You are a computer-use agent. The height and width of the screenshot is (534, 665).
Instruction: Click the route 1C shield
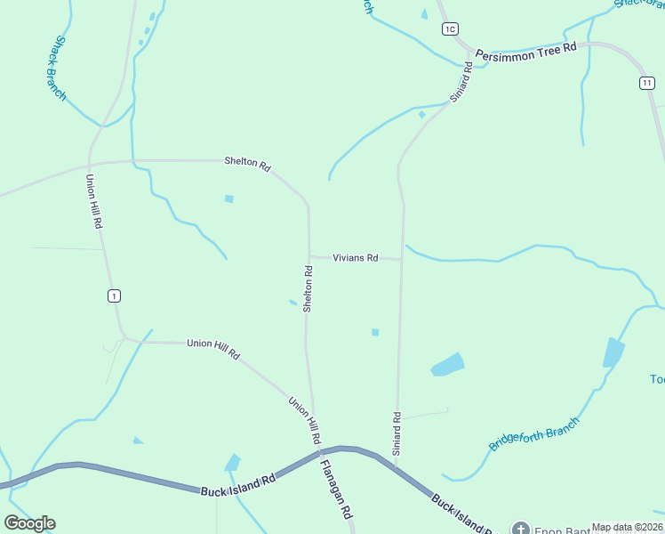450,29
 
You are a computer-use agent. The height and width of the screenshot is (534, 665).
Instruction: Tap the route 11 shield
646,83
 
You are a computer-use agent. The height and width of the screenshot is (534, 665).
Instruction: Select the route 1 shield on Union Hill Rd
114,295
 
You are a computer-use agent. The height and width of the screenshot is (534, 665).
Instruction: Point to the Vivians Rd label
356,258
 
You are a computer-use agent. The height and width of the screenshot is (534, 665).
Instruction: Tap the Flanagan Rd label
337,489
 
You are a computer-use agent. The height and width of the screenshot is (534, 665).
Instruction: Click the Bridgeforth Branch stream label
533,433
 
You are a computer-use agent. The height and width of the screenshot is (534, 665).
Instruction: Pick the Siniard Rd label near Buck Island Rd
397,433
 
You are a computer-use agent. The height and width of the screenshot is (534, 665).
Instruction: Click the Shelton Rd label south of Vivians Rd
308,289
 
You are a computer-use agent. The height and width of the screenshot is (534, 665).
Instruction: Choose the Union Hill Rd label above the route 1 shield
93,201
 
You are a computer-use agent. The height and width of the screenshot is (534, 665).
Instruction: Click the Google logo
29,523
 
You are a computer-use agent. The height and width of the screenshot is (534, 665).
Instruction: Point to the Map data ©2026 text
627,527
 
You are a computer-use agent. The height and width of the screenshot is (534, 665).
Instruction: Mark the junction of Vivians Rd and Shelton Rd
308,257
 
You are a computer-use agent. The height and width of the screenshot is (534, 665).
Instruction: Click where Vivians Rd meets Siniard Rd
402,259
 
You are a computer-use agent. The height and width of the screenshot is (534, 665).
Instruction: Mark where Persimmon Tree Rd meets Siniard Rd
469,64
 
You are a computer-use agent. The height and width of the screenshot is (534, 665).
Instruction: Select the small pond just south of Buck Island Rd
233,463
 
